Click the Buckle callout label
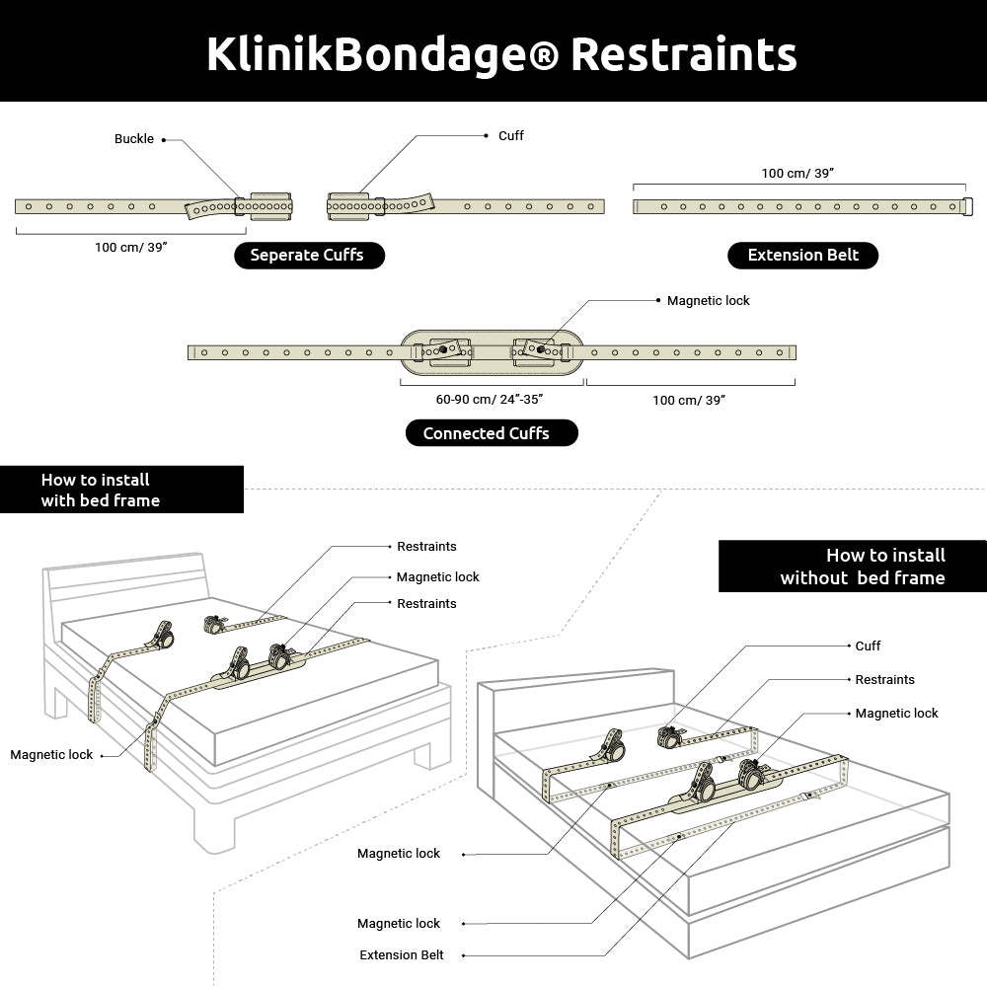coord(134,139)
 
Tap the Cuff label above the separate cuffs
coord(510,135)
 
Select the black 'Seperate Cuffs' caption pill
coord(308,256)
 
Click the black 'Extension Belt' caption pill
coord(802,256)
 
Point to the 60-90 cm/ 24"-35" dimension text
coord(491,399)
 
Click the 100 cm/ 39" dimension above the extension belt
coord(797,173)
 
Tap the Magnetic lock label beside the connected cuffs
coord(708,301)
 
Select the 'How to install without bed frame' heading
coord(861,567)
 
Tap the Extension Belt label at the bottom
coord(402,955)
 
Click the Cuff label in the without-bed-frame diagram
coord(868,646)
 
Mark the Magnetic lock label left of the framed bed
coord(51,755)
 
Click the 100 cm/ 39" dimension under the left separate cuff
coord(130,247)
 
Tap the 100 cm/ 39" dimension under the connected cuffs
coord(689,399)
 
